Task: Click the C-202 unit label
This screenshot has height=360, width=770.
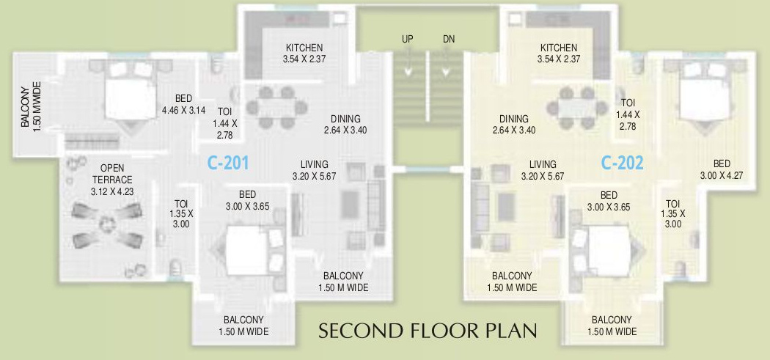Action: pyautogui.click(x=622, y=162)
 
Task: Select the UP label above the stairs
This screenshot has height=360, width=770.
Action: pyautogui.click(x=408, y=39)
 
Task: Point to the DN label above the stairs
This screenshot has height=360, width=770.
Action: pyautogui.click(x=449, y=39)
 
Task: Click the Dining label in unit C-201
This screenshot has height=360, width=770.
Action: pyautogui.click(x=345, y=125)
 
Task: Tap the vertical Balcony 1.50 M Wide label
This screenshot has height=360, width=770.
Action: pyautogui.click(x=30, y=108)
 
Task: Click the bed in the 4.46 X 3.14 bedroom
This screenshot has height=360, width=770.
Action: pyautogui.click(x=129, y=93)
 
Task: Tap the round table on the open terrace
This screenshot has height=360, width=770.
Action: pyautogui.click(x=108, y=224)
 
